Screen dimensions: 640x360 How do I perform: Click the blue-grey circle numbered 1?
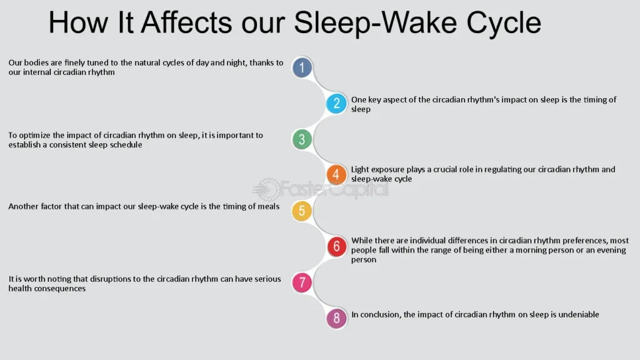click(302, 67)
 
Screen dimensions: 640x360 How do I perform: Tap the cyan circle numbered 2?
click(336, 103)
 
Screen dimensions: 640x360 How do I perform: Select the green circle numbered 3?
click(302, 139)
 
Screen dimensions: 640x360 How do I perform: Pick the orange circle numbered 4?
click(336, 175)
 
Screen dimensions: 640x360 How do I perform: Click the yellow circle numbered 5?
click(302, 211)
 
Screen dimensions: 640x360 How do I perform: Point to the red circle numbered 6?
click(336, 246)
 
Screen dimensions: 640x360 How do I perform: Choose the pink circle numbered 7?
click(302, 282)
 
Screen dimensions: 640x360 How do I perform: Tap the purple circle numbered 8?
click(336, 318)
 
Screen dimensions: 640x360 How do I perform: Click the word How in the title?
click(78, 22)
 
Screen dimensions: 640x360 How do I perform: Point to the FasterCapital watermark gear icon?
click(267, 189)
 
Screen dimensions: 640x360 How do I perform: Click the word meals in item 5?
click(269, 206)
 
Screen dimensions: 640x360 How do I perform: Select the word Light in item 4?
click(360, 169)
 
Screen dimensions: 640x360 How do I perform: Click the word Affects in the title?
click(186, 22)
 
